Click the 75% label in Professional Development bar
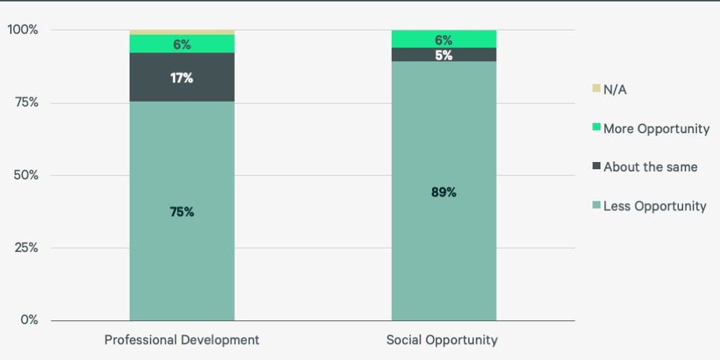click(181, 212)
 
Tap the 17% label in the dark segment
click(181, 78)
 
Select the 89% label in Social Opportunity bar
click(444, 192)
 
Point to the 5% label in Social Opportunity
click(444, 55)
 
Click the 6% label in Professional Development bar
click(181, 45)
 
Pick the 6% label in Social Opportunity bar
click(444, 40)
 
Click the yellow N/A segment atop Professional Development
click(181, 32)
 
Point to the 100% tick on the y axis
click(22, 30)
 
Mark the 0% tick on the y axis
click(28, 320)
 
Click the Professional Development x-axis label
click(181, 340)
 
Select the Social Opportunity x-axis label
click(441, 340)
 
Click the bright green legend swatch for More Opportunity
click(596, 128)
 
